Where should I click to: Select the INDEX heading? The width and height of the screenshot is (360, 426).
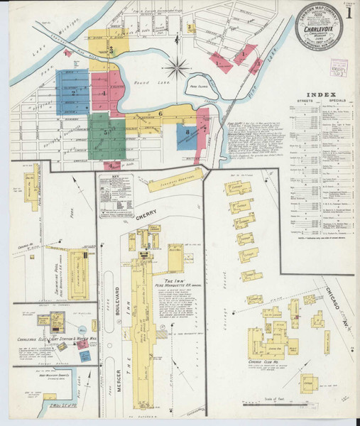pos(317,96)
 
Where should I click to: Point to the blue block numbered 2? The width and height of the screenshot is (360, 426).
pos(72,92)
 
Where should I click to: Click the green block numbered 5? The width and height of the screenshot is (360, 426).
pos(106,132)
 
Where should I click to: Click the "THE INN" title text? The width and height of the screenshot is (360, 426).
pos(175,282)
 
